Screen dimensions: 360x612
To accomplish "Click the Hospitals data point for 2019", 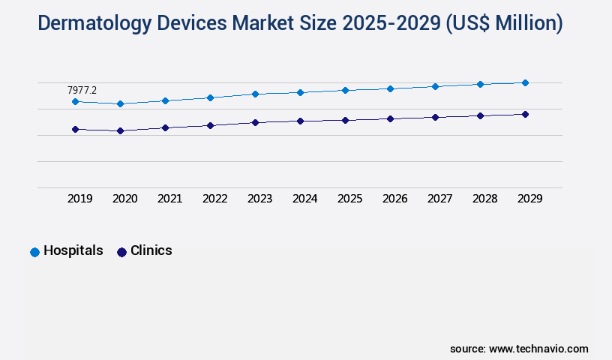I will tap(75, 101).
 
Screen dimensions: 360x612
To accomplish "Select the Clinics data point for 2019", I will tap(75, 129).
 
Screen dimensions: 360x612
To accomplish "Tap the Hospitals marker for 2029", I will tap(525, 82).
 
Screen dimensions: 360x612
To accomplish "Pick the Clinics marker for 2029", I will tap(525, 114).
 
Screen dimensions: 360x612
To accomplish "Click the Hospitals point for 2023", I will tap(255, 94).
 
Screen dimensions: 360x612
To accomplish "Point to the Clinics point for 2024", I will tap(300, 120).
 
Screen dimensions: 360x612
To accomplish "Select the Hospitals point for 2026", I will tap(390, 88).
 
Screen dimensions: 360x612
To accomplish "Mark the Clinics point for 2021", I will tap(165, 127).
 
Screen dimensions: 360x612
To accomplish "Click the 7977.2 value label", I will tap(82, 90).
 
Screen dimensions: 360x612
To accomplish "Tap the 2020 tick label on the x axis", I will tap(124, 199).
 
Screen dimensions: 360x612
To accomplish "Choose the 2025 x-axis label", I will tap(349, 199).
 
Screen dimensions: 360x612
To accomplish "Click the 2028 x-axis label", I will tap(484, 199).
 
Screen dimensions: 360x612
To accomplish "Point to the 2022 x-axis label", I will tap(214, 199).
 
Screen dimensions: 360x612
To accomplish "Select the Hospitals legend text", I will tap(73, 250).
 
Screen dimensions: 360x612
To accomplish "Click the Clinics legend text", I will tap(151, 250).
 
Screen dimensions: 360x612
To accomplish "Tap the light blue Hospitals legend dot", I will tap(34, 252).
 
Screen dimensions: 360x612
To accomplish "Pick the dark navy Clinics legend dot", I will tap(121, 252).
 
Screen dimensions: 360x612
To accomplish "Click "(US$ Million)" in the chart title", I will tap(504, 23).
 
